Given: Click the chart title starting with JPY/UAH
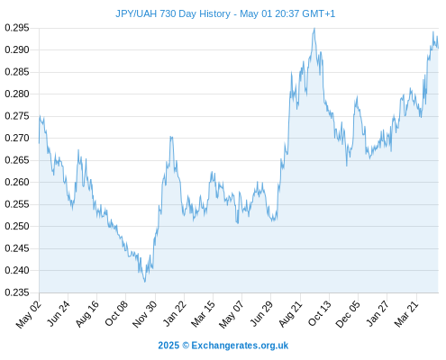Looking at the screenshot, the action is pyautogui.click(x=225, y=13).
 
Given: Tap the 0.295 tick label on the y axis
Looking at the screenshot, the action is pyautogui.click(x=17, y=28).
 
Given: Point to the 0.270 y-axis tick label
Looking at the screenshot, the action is pyautogui.click(x=17, y=138).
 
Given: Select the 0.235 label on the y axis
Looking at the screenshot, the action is pyautogui.click(x=17, y=292).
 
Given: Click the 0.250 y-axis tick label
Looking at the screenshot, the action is pyautogui.click(x=17, y=226).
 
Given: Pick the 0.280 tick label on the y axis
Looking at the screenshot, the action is pyautogui.click(x=17, y=94).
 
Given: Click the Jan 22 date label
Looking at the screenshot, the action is pyautogui.click(x=174, y=314).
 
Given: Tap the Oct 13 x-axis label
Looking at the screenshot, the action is pyautogui.click(x=319, y=314).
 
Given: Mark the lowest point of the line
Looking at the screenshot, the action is pyautogui.click(x=145, y=282).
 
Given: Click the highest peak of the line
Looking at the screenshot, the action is pyautogui.click(x=314, y=28).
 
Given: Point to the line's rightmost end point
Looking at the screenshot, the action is pyautogui.click(x=439, y=48).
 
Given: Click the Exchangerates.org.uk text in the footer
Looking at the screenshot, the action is pyautogui.click(x=240, y=346).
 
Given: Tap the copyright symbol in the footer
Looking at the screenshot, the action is pyautogui.click(x=186, y=346).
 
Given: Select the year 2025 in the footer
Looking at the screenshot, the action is pyautogui.click(x=168, y=346).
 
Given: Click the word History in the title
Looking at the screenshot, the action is pyautogui.click(x=214, y=13).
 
